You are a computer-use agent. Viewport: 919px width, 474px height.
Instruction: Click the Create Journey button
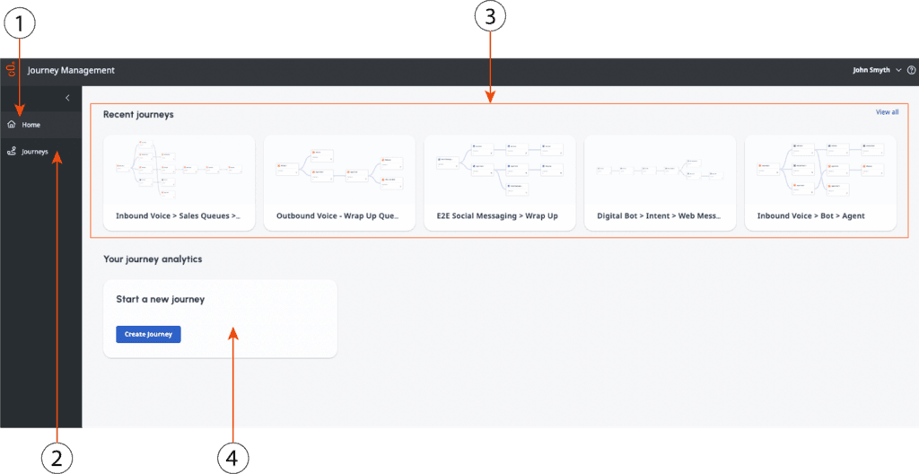[x=148, y=334]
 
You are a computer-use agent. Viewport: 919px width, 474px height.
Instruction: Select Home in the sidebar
[x=31, y=125]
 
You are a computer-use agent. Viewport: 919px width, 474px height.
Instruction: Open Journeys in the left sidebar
[x=34, y=152]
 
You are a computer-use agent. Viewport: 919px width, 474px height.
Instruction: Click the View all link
[x=887, y=112]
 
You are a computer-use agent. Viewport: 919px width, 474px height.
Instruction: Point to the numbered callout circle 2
[x=57, y=458]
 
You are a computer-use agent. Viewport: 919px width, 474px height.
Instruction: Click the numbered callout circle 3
[x=490, y=17]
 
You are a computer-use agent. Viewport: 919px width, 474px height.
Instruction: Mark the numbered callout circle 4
[x=232, y=458]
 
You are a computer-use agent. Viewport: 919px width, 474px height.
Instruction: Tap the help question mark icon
[x=911, y=70]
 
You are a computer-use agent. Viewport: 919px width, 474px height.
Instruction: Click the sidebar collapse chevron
[x=67, y=97]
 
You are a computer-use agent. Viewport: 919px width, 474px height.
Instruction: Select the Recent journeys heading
[x=138, y=115]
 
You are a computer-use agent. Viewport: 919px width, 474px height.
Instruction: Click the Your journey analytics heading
[x=153, y=259]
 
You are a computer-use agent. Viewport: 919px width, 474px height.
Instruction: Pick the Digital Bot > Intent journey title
[x=659, y=215]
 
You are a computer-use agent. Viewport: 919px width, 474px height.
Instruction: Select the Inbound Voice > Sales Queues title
[x=178, y=215]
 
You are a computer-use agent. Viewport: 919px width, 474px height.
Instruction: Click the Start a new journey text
[x=161, y=299]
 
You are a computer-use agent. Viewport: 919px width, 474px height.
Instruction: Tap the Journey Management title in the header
[x=71, y=70]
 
